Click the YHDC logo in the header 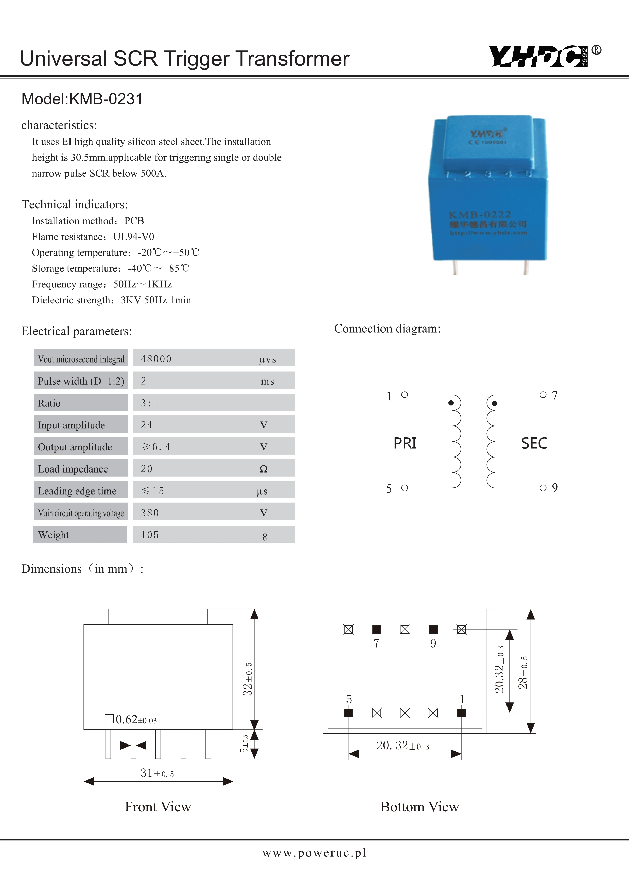point(538,57)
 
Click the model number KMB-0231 point(82,99)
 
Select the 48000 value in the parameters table point(156,359)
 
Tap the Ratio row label point(49,403)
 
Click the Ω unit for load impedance point(263,469)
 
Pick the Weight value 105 point(150,535)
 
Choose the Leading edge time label point(77,491)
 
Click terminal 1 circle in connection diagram point(404,395)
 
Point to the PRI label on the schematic point(405,443)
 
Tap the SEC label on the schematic point(534,443)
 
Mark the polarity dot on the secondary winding point(494,404)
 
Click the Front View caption point(158,807)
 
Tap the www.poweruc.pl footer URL point(314,852)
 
